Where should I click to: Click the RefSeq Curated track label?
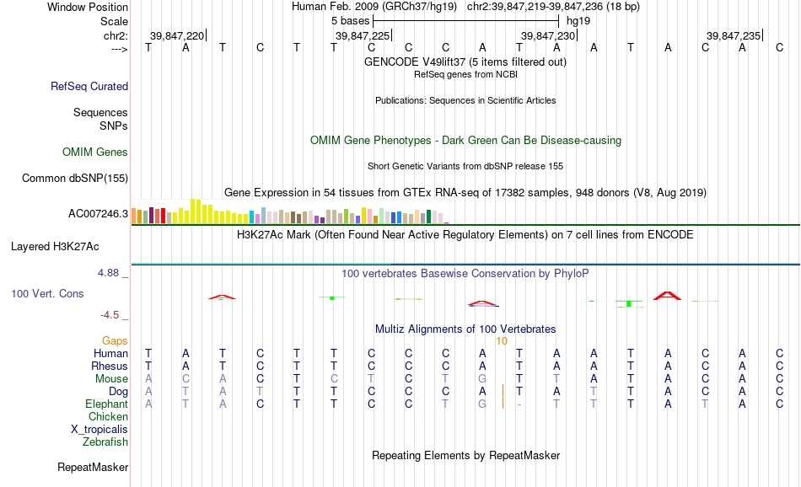pos(89,86)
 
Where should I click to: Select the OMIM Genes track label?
pos(95,153)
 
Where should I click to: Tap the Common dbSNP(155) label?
pos(75,178)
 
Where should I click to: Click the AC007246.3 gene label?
pos(98,213)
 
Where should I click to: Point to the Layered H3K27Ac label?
pos(55,247)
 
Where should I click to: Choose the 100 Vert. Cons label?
pos(47,293)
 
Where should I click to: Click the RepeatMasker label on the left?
pos(93,467)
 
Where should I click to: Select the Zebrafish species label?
pos(105,442)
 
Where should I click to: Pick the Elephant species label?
pos(107,404)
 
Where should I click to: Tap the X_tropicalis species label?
pos(99,430)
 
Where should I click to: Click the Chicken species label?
pos(108,416)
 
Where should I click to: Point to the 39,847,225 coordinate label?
pos(363,35)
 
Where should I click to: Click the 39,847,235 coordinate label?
pos(734,35)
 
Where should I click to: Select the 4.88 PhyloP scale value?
pos(108,273)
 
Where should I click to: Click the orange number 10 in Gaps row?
pos(502,341)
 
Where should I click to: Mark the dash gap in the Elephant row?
pos(519,404)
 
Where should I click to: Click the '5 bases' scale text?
pos(351,21)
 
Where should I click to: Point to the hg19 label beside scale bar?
pos(578,21)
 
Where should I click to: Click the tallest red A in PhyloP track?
pos(667,296)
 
